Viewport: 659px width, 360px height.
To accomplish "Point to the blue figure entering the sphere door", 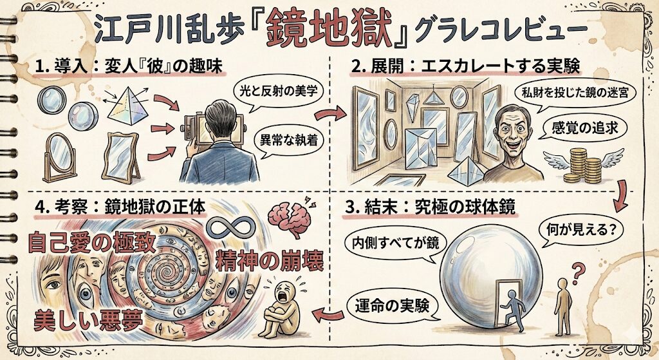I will pos(512,309).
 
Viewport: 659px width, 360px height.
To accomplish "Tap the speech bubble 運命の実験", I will pos(390,307).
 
